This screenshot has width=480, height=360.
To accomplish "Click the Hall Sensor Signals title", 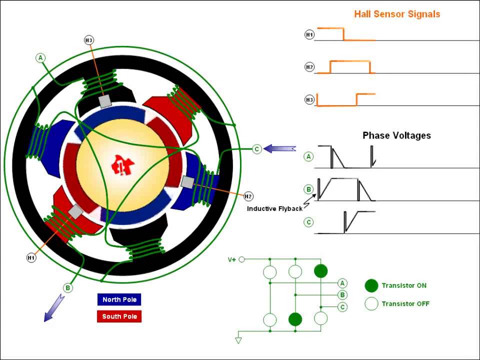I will click(397, 14).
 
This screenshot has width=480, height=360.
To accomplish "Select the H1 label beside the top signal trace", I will click(309, 34).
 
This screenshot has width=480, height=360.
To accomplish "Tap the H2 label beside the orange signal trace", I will click(309, 67).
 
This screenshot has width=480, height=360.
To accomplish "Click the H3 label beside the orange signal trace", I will click(309, 100).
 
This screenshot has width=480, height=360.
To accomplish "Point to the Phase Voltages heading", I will click(396, 135).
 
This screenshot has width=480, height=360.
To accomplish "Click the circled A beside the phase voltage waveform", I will click(309, 156).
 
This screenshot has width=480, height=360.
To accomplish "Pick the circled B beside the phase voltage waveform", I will click(309, 189).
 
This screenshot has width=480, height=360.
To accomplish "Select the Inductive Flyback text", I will click(274, 208).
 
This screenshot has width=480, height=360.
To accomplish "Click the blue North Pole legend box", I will click(119, 299).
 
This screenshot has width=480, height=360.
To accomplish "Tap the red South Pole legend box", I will click(119, 316).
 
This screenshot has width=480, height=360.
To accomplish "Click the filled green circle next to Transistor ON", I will click(371, 285).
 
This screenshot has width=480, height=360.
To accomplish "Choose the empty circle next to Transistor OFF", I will click(371, 303).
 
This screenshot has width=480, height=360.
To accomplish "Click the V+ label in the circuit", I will click(232, 259).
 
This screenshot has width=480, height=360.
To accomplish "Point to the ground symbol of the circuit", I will click(238, 340).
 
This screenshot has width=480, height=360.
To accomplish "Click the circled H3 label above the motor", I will click(89, 40).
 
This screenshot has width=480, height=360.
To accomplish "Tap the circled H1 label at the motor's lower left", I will click(31, 257).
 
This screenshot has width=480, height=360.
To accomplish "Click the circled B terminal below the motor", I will click(67, 287).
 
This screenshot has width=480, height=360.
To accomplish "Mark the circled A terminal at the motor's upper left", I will click(40, 57).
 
